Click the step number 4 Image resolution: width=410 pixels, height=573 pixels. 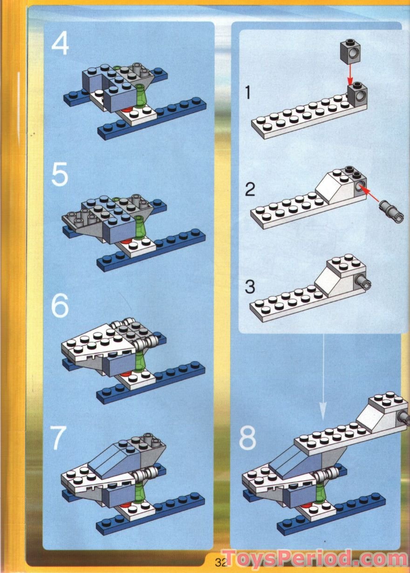pyautogui.click(x=61, y=45)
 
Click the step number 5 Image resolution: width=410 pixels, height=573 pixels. pyautogui.click(x=60, y=175)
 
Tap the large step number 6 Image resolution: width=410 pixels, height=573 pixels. pyautogui.click(x=60, y=307)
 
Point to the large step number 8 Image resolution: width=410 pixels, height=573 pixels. pyautogui.click(x=247, y=438)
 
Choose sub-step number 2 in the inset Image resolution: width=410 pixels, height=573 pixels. pyautogui.click(x=250, y=190)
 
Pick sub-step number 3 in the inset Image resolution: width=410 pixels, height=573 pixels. pyautogui.click(x=250, y=287)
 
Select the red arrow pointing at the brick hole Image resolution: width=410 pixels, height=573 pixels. pyautogui.click(x=371, y=193)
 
